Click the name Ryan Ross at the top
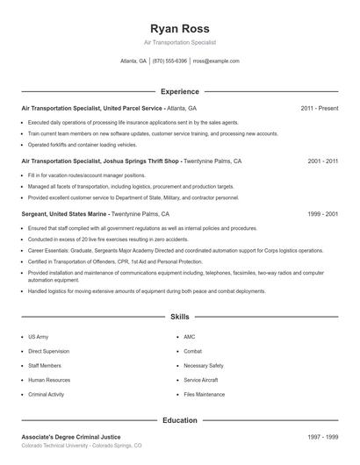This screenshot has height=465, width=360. coord(179,27)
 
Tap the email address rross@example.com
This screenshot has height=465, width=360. coord(215,61)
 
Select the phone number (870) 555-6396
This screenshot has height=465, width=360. coord(169,61)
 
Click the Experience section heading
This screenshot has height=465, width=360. coord(179,91)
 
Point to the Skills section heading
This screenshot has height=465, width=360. coord(179,316)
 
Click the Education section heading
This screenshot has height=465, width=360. coord(179,420)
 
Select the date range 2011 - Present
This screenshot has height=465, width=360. coord(319,108)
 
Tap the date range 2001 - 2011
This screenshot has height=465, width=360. coord(323,161)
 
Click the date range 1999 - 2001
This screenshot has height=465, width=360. coord(323,214)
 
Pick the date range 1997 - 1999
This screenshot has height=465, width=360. coord(323,436)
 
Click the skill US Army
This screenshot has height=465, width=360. coord(39,337)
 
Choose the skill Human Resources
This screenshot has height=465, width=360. coord(48,380)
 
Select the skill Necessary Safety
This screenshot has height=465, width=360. coord(203,365)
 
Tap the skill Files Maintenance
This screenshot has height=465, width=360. coord(204,395)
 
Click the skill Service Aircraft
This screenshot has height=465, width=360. coord(201,380)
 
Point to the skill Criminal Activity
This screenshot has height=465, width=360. coord(46,395)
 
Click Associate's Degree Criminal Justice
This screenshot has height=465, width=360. coord(71,436)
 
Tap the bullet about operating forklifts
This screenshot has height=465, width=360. coord(83,145)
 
